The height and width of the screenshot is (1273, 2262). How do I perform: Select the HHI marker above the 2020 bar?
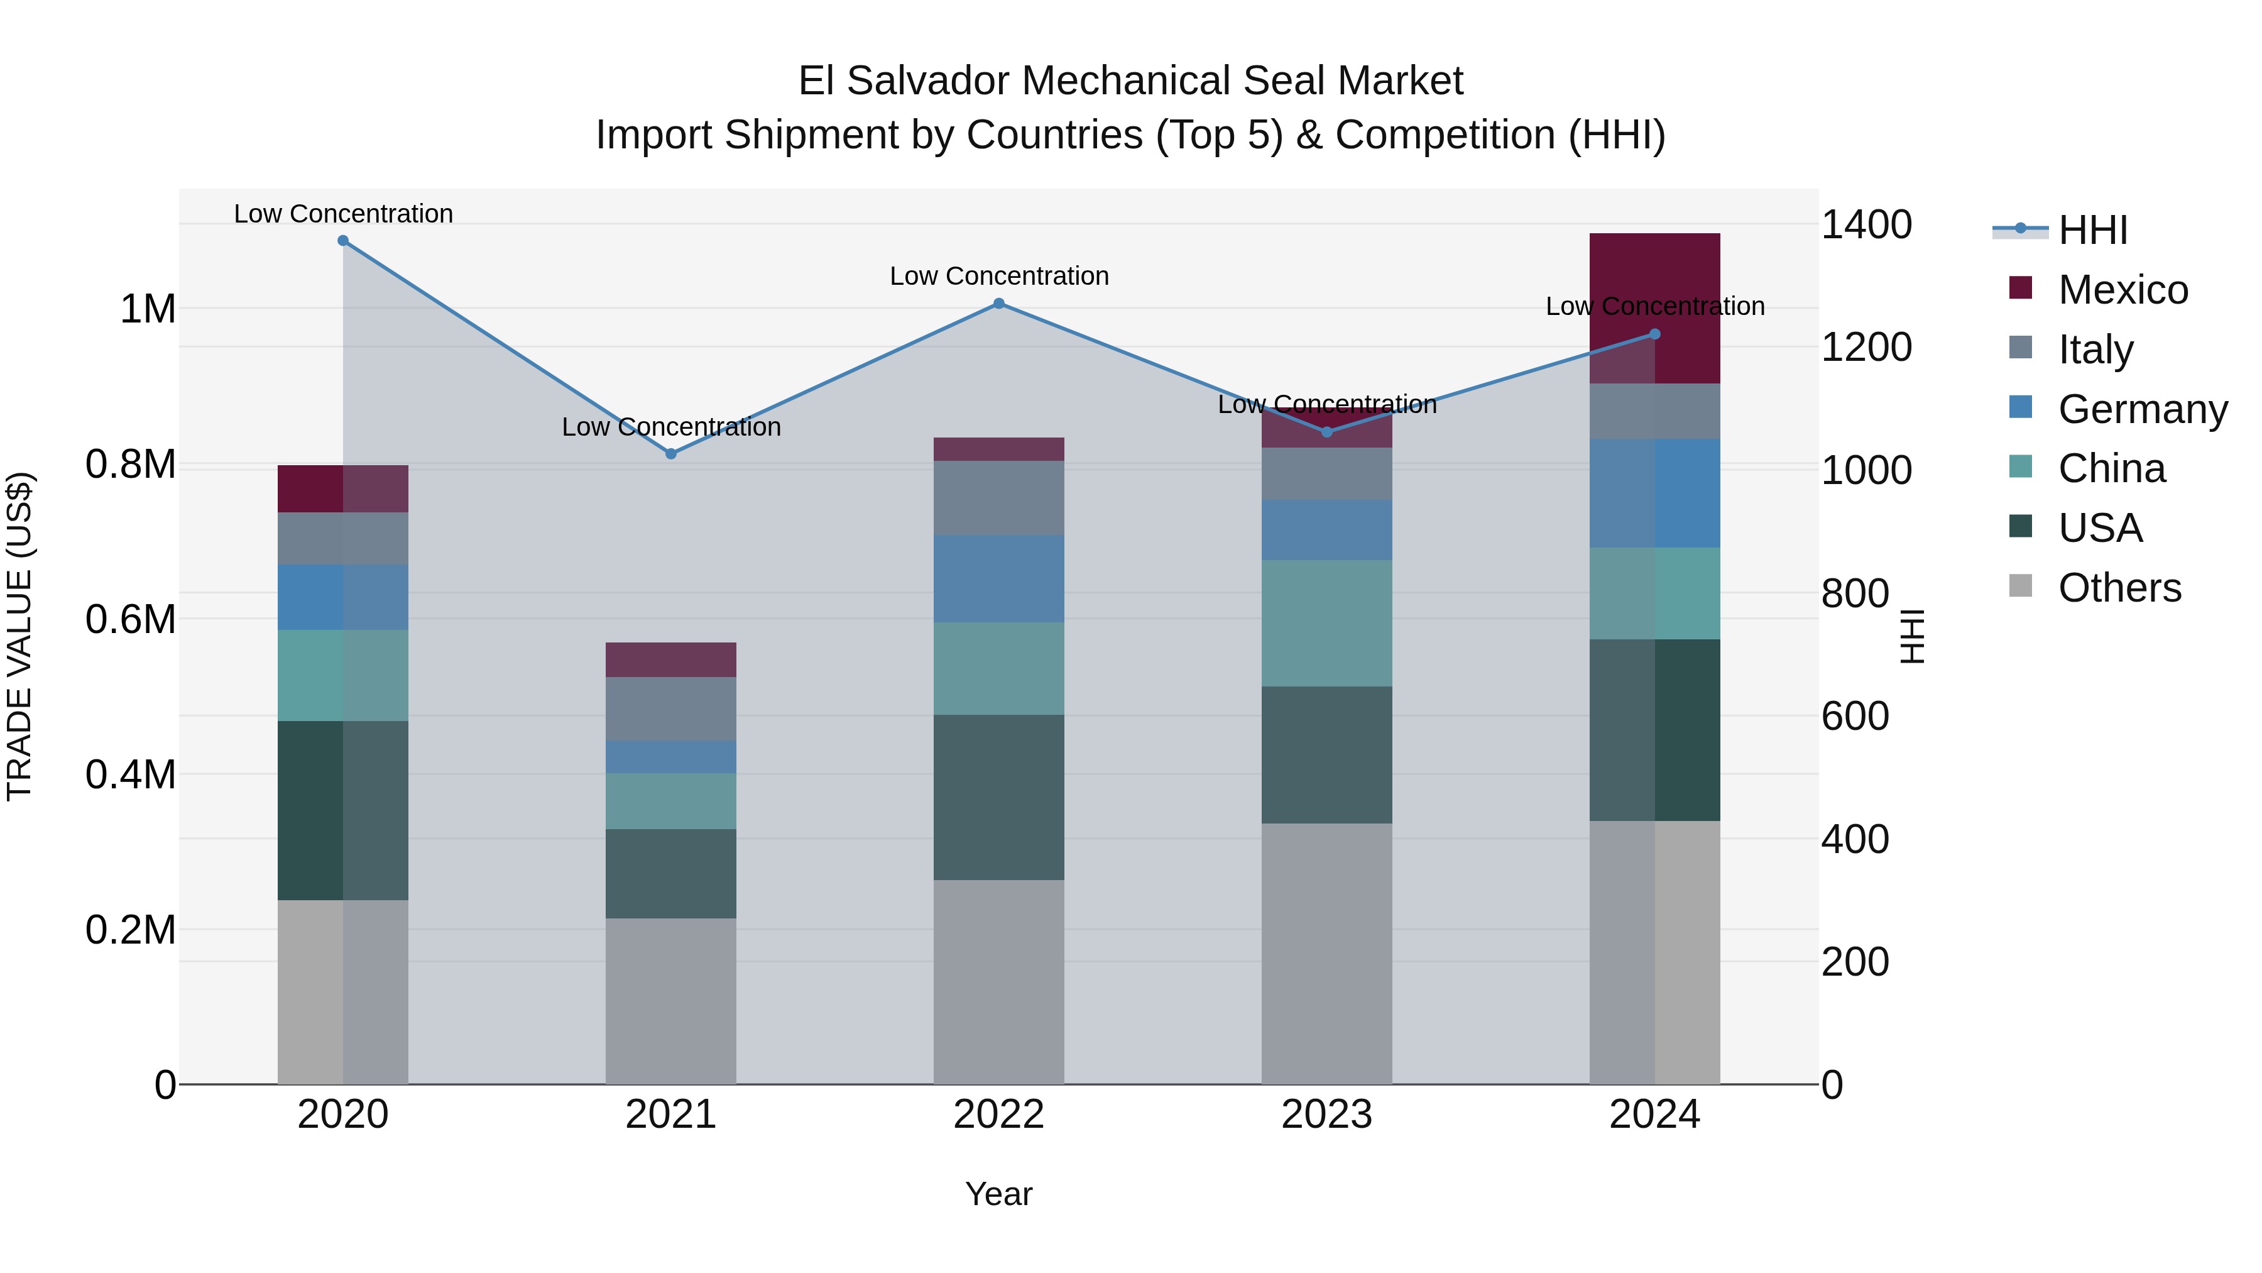[x=343, y=241]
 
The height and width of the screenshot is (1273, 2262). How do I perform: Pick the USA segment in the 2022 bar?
[x=998, y=797]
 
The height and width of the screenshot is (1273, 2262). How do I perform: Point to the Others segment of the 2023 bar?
[x=1326, y=953]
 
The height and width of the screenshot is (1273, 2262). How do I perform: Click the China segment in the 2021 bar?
[x=671, y=802]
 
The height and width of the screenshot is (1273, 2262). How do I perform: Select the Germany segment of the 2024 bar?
[x=1654, y=493]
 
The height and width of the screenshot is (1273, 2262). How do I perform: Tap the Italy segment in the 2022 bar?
[x=998, y=497]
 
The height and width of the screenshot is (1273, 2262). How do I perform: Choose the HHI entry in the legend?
[x=2092, y=230]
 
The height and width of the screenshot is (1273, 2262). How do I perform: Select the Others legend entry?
[x=2118, y=588]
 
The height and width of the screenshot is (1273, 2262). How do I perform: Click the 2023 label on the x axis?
[x=1326, y=1115]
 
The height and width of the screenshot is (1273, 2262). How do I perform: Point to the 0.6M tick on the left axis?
[x=130, y=619]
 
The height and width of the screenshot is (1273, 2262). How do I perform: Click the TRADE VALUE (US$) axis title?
[x=19, y=636]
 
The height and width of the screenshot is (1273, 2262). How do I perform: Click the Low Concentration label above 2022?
[x=998, y=276]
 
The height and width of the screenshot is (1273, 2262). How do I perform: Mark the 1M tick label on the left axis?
[x=148, y=309]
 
